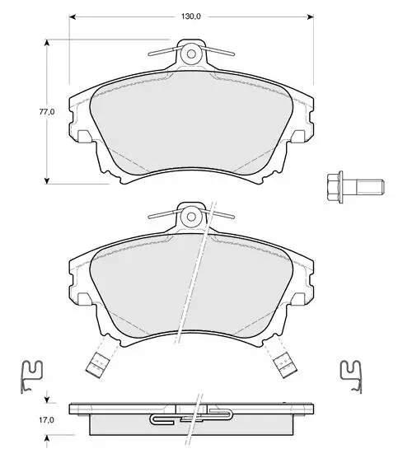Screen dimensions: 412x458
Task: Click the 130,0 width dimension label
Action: coord(191,16)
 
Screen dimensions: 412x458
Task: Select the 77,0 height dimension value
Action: coord(47,111)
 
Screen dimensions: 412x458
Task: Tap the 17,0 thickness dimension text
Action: coord(46,420)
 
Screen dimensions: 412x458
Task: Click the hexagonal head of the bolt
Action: coord(335,187)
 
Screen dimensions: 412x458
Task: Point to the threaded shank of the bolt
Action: coord(369,187)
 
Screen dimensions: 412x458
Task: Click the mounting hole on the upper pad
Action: coord(191,54)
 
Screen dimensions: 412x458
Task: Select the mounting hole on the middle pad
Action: coord(191,217)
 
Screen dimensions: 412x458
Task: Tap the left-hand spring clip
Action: coord(32,376)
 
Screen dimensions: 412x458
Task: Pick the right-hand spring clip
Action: coord(352,376)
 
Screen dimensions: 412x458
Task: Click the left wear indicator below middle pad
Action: coord(98,364)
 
